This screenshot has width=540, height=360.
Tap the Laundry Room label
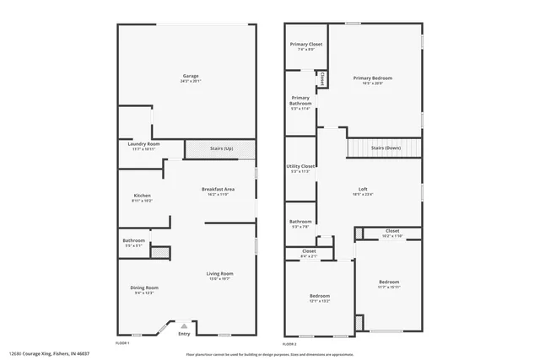point(143,144)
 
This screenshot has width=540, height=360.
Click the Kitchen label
point(142,196)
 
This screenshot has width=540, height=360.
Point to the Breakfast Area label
point(218,189)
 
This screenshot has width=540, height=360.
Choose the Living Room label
point(220,273)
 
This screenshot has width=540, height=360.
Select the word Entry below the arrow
point(184,334)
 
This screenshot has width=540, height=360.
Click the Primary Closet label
point(306,45)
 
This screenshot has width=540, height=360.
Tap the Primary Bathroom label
point(301,100)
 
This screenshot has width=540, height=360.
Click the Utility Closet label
point(302,166)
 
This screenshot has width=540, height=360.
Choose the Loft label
point(363,189)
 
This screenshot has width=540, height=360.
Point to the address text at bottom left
point(48,354)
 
